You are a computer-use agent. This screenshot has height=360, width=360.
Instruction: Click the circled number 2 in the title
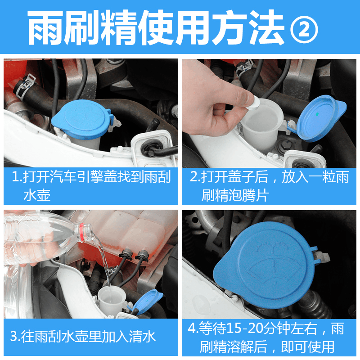pos(304,30)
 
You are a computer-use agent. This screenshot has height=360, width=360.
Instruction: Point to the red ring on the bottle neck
pos(81,232)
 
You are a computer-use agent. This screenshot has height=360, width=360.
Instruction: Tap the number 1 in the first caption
pos(15,177)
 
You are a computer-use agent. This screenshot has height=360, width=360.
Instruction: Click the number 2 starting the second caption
pos(193,177)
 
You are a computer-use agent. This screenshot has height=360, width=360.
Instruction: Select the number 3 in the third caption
pos(14,336)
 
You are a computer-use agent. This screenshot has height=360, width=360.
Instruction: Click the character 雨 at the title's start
pos(45,27)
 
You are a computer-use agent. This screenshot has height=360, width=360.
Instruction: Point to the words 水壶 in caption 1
pos(37,195)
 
